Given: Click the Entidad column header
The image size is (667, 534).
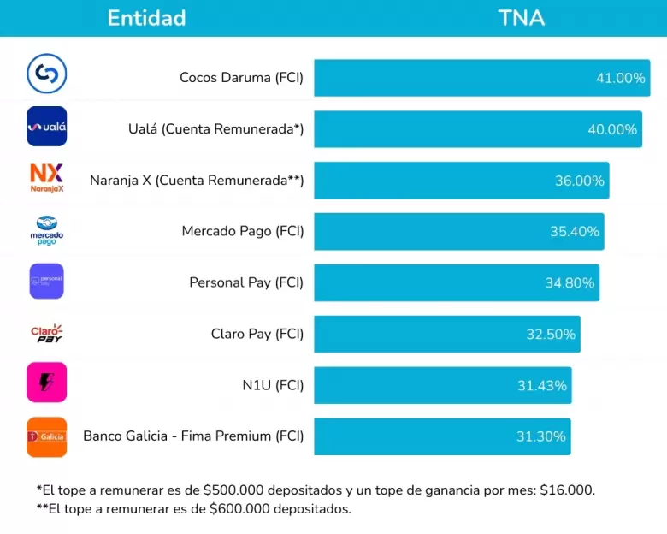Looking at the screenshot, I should pyautogui.click(x=146, y=18).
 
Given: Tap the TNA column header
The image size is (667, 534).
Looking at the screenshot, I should pyautogui.click(x=521, y=18).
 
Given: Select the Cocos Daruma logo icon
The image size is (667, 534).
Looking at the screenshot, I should pyautogui.click(x=46, y=75).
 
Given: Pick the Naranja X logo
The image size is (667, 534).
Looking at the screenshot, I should pyautogui.click(x=46, y=178).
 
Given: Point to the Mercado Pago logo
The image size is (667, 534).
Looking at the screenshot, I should pyautogui.click(x=46, y=230).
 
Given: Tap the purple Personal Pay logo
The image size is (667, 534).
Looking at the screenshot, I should pyautogui.click(x=46, y=281).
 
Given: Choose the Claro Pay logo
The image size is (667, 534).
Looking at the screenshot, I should pyautogui.click(x=46, y=333).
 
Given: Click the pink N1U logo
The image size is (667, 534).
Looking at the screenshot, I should pyautogui.click(x=46, y=383).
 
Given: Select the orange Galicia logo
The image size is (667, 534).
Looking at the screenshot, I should pyautogui.click(x=46, y=436).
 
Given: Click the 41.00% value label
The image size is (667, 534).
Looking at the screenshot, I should pyautogui.click(x=620, y=78).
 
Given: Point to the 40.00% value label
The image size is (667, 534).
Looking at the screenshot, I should pyautogui.click(x=612, y=129).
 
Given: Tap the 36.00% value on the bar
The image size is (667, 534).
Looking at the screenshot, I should pyautogui.click(x=579, y=181).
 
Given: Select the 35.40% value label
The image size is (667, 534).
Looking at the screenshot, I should pyautogui.click(x=575, y=232).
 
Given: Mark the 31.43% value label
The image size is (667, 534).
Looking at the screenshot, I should pyautogui.click(x=541, y=385).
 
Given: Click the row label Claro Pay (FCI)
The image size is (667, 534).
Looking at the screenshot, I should pyautogui.click(x=257, y=334).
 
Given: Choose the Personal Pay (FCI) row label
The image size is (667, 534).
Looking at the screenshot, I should pyautogui.click(x=246, y=282).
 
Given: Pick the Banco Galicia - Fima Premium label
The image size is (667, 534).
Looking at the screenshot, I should pyautogui.click(x=193, y=436).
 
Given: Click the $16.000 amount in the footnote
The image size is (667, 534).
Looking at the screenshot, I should pyautogui.click(x=567, y=490).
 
